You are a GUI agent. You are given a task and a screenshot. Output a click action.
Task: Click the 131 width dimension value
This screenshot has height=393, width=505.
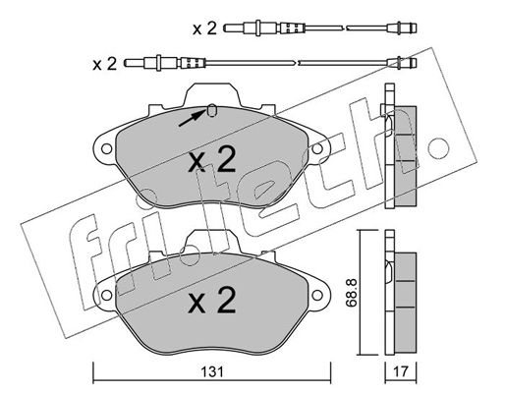[212, 372]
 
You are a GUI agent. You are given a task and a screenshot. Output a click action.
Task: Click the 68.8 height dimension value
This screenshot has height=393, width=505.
[352, 293]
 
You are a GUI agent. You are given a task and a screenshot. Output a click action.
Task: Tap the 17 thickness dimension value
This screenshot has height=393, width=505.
[400, 372]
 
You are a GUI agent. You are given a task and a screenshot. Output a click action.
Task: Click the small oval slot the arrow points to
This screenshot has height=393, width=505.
[212, 111]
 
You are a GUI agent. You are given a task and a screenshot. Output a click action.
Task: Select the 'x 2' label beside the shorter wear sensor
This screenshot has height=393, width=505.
[204, 28]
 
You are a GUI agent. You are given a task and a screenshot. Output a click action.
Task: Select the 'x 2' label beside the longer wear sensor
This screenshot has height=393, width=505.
[105, 64]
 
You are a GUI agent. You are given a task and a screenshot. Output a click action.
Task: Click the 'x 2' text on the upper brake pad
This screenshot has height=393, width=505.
[212, 159]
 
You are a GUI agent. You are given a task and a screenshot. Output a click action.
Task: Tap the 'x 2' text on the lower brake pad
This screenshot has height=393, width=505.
[212, 300]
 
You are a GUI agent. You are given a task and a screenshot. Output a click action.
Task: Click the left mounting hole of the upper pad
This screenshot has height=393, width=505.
[106, 149]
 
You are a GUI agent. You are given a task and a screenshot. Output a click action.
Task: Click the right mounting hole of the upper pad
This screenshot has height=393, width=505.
[317, 149]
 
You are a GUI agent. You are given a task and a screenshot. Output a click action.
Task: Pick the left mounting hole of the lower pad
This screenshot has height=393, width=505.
[106, 295]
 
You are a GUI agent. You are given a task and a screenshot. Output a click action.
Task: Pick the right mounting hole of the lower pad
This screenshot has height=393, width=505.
[317, 295]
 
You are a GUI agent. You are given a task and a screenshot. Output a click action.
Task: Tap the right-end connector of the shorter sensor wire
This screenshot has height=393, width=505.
[402, 28]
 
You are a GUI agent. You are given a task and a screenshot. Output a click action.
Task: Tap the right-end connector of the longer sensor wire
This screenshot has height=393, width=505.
[402, 62]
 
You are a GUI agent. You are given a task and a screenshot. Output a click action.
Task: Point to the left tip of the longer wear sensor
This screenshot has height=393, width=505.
[125, 62]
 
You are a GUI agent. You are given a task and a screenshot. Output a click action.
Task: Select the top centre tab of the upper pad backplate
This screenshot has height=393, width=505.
[212, 94]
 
